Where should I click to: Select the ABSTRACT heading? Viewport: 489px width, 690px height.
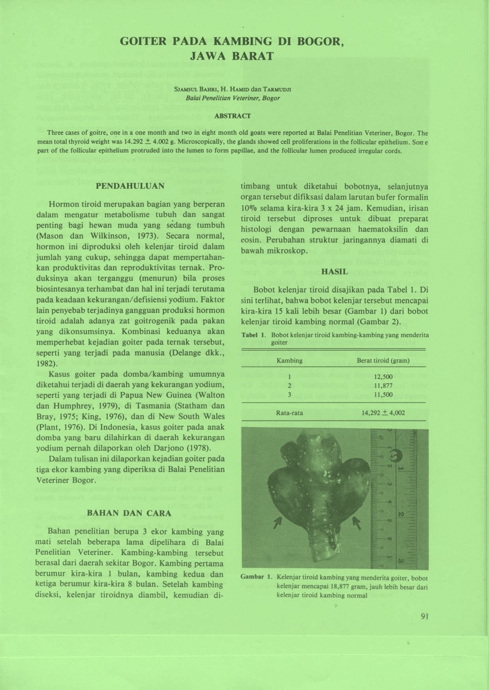[x=232, y=116]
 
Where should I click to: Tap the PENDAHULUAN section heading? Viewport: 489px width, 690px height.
[x=130, y=186]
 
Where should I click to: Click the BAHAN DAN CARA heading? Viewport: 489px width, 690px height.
[x=129, y=513]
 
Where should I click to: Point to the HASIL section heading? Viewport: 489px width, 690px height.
[x=335, y=271]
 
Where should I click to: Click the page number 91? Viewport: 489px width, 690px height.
[x=425, y=616]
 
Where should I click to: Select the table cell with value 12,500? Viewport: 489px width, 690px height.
[x=383, y=377]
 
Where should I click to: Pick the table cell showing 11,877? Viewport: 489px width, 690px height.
[x=383, y=386]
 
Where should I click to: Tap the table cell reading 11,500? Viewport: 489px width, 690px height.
[x=383, y=395]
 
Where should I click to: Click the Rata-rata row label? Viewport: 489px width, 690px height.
[x=290, y=413]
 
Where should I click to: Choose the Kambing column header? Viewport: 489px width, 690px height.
[x=290, y=360]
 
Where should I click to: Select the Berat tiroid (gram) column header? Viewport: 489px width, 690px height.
[x=383, y=360]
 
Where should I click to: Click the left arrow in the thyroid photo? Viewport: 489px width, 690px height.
[x=278, y=522]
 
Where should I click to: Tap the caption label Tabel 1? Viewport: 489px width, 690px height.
[x=254, y=335]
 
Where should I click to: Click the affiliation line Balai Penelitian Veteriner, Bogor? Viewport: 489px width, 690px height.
[x=233, y=98]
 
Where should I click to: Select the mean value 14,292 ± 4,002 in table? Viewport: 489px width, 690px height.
[x=383, y=413]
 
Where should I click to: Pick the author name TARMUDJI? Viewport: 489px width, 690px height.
[x=277, y=89]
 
